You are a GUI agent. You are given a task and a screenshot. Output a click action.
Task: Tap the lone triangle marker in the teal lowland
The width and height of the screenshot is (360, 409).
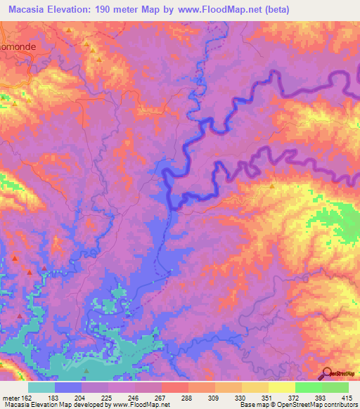[x=87, y=372]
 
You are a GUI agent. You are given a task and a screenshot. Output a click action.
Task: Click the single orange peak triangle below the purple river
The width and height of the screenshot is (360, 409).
[x=273, y=186]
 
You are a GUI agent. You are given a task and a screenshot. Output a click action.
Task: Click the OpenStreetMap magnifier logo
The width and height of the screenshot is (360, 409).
[x=327, y=374]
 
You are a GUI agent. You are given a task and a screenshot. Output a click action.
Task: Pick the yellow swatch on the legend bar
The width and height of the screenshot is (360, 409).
[x=281, y=387]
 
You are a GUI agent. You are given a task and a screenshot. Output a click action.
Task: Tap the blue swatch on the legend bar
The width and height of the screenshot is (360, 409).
[x=67, y=387]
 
